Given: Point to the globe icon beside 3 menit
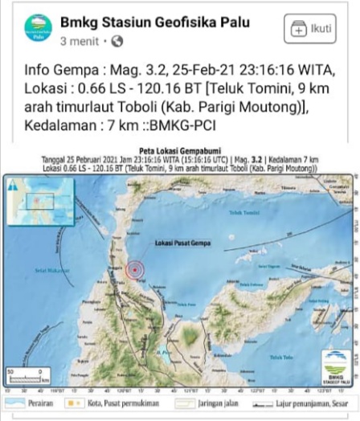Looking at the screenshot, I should tap(117, 40).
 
